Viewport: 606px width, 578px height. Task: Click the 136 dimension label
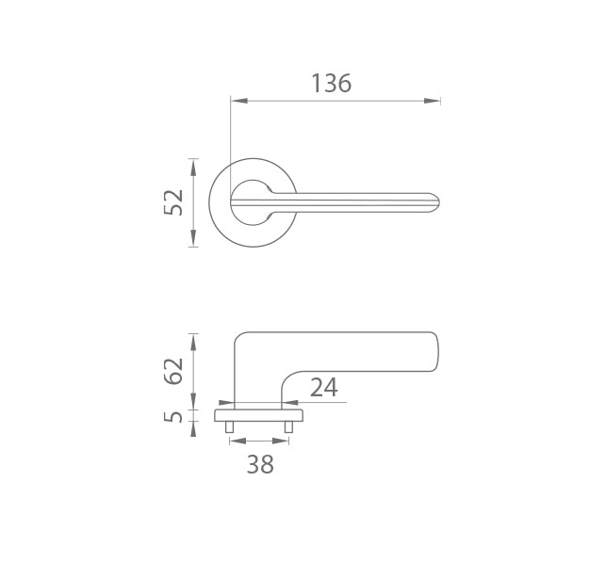pyautogui.click(x=331, y=84)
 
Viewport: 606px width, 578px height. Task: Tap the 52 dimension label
pyautogui.click(x=173, y=202)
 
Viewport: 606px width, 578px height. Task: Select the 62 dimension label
pyautogui.click(x=173, y=371)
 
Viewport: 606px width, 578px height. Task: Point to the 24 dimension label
pyautogui.click(x=324, y=388)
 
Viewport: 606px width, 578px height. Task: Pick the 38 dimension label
pyautogui.click(x=260, y=464)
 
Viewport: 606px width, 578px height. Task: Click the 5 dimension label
pyautogui.click(x=173, y=417)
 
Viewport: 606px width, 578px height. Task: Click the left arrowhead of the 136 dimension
pyautogui.click(x=238, y=101)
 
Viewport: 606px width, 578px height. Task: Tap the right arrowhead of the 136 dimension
pyautogui.click(x=432, y=101)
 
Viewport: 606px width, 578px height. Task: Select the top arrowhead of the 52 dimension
pyautogui.click(x=193, y=167)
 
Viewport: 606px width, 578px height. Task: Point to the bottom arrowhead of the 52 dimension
pyautogui.click(x=193, y=238)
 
